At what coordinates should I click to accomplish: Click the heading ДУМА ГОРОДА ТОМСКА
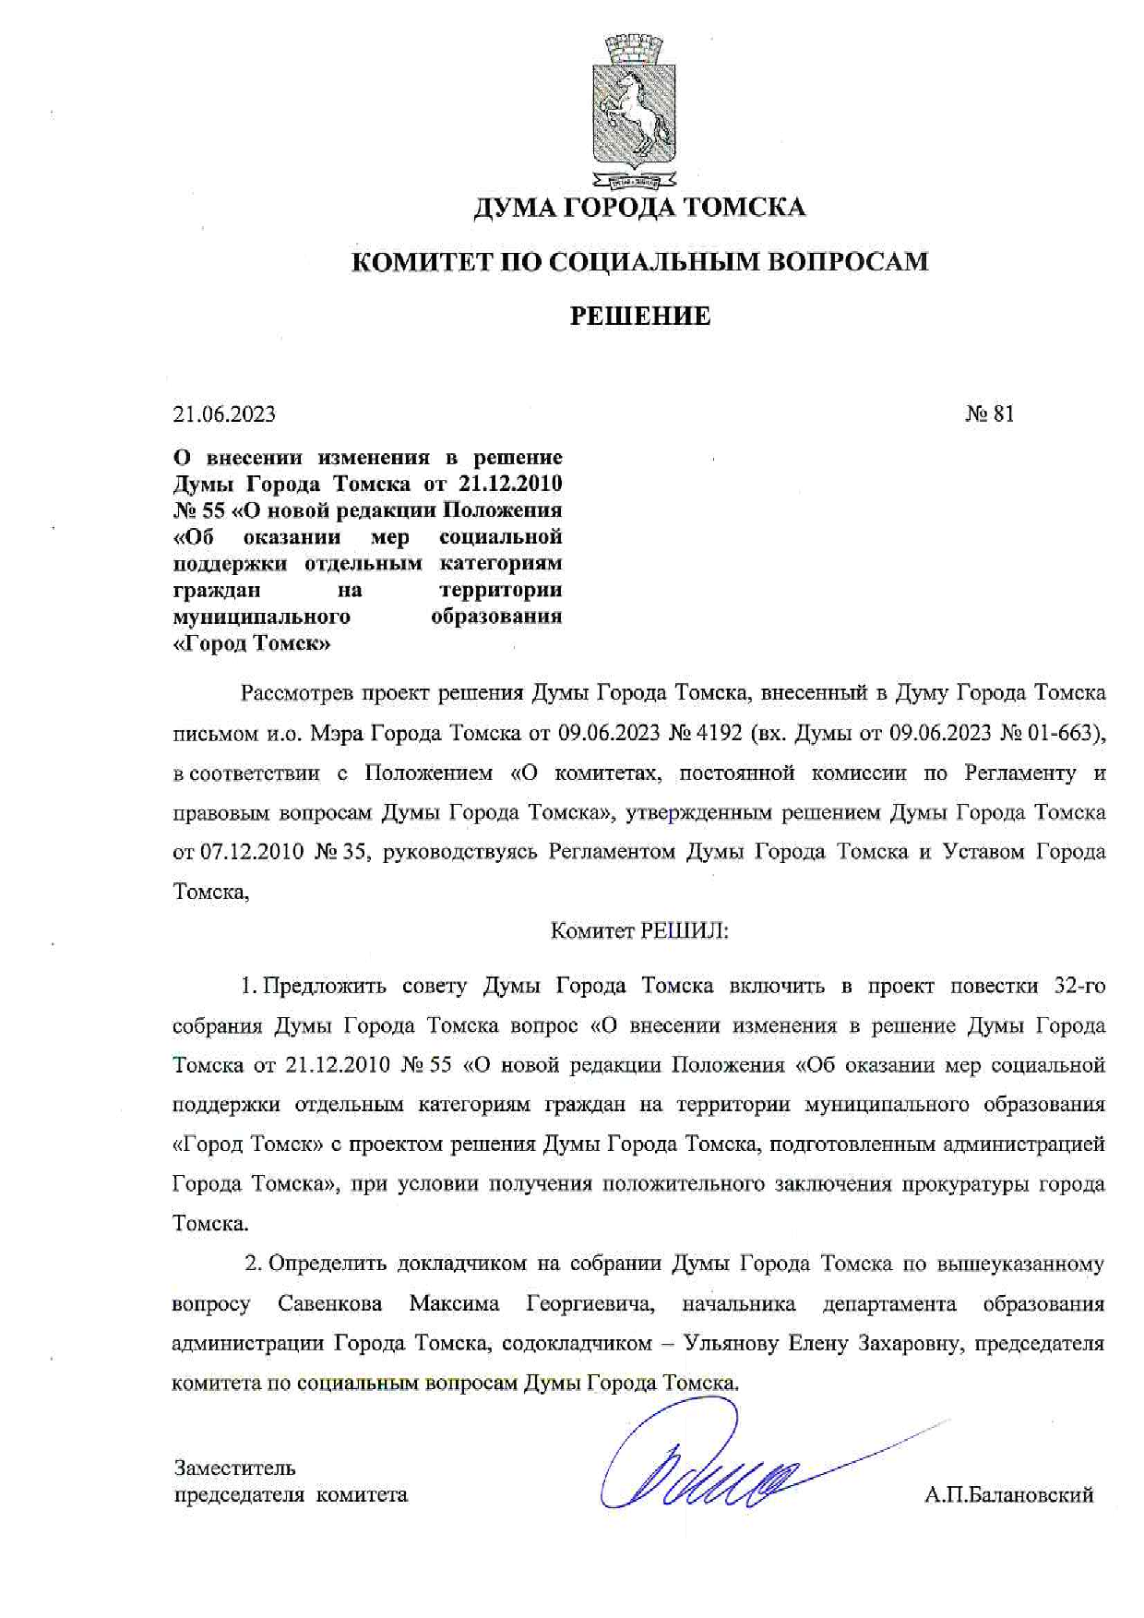pos(639,208)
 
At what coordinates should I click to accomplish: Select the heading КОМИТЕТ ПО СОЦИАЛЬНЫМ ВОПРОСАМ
pos(640,262)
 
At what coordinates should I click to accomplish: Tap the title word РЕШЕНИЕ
pos(639,317)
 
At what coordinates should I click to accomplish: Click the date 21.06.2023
pos(224,414)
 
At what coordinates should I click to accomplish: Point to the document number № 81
pos(989,414)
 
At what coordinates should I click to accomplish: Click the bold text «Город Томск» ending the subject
pos(252,643)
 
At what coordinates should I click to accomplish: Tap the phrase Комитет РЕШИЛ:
pos(639,931)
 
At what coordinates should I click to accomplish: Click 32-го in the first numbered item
pos(1078,986)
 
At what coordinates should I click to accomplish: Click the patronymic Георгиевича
pos(590,1304)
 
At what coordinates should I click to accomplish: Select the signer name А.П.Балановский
pos(1008,1495)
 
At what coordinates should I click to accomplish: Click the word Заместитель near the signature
pos(234,1468)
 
